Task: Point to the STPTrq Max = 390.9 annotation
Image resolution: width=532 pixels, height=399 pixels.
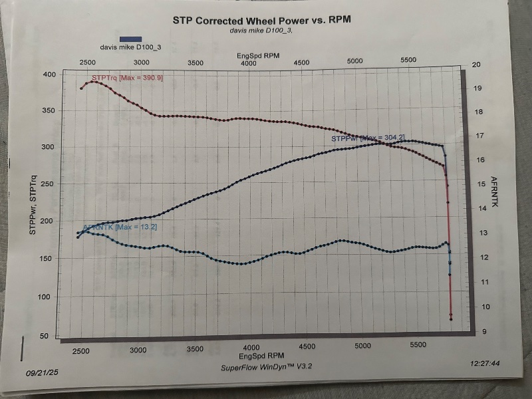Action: pyautogui.click(x=128, y=78)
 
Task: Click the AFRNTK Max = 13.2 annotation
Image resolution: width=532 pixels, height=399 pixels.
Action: pyautogui.click(x=120, y=227)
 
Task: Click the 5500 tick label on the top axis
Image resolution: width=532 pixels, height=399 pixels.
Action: pyautogui.click(x=408, y=61)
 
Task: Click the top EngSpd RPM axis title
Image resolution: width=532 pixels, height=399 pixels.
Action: pyautogui.click(x=259, y=57)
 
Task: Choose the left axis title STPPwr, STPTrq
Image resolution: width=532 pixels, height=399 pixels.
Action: pyautogui.click(x=33, y=203)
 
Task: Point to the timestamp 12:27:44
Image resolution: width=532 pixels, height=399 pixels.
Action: pyautogui.click(x=485, y=364)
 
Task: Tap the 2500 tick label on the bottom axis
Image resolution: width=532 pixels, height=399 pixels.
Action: pyautogui.click(x=80, y=350)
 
